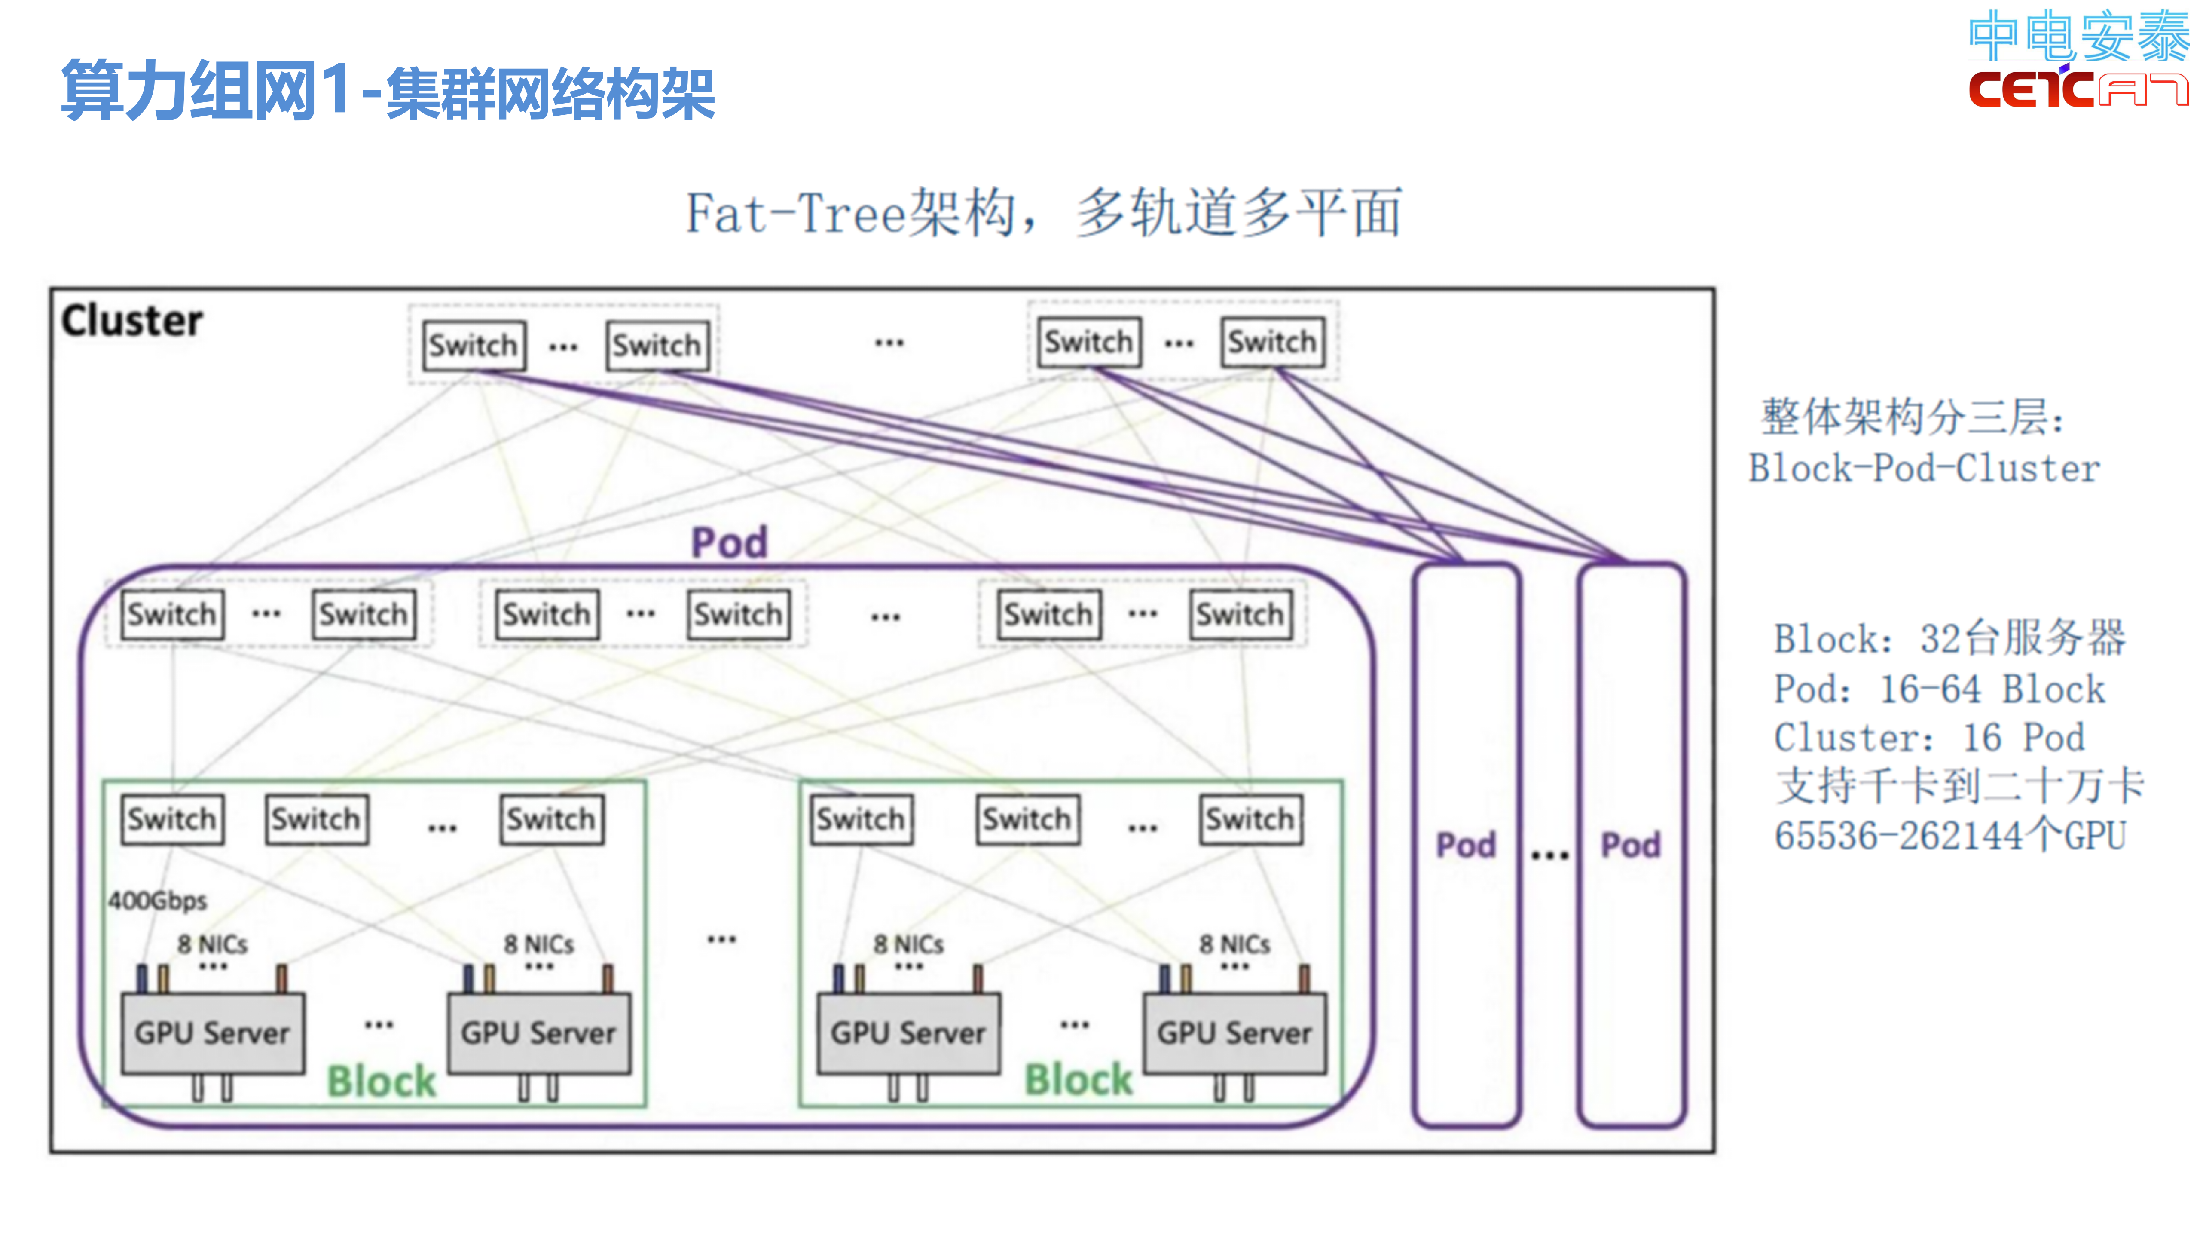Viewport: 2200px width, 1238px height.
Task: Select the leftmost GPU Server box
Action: click(213, 1033)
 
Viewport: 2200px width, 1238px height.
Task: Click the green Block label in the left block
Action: click(382, 1081)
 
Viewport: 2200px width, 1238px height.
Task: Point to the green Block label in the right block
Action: click(1079, 1079)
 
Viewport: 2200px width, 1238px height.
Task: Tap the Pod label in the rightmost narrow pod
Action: click(1630, 845)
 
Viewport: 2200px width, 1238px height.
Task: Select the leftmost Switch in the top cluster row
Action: click(474, 345)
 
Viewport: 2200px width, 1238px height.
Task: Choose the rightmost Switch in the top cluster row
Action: click(1272, 342)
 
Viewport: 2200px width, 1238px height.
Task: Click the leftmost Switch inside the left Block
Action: click(172, 819)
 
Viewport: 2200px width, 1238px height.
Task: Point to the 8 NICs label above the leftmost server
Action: click(213, 944)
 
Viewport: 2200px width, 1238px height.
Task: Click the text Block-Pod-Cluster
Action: click(1923, 468)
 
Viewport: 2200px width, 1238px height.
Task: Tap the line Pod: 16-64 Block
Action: click(1939, 689)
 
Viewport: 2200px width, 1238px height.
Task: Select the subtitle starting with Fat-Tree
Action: click(1044, 213)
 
